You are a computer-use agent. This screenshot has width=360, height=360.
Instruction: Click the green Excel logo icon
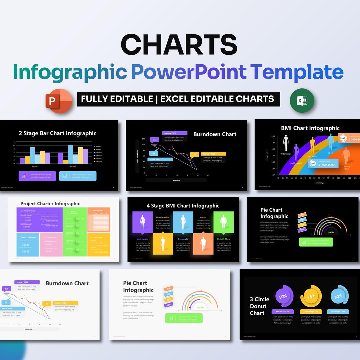pyautogui.click(x=302, y=100)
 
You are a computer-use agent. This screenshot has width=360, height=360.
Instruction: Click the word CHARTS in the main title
pyautogui.click(x=179, y=45)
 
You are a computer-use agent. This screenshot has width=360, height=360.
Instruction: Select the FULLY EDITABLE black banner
pyautogui.click(x=179, y=99)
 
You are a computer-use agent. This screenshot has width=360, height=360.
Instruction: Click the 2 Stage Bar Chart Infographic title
pyautogui.click(x=58, y=133)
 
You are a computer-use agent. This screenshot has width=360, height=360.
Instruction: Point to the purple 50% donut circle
pyautogui.click(x=283, y=296)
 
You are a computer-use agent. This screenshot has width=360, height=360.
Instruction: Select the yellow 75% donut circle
pyautogui.click(x=311, y=296)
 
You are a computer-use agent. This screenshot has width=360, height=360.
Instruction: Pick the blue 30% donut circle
pyautogui.click(x=338, y=296)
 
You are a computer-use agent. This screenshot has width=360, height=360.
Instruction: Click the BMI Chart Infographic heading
pyautogui.click(x=310, y=128)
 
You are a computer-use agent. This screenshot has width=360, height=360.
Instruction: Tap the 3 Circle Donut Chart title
pyautogui.click(x=258, y=306)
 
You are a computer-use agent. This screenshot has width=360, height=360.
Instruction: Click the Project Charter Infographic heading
pyautogui.click(x=50, y=204)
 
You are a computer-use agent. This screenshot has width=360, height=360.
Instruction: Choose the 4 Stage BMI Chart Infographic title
pyautogui.click(x=183, y=206)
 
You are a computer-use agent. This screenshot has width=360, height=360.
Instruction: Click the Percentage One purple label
pyautogui.click(x=283, y=311)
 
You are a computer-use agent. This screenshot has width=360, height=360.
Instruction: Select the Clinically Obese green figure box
pyautogui.click(x=223, y=222)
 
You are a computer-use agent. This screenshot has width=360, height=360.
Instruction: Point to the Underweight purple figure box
pyautogui.click(x=142, y=222)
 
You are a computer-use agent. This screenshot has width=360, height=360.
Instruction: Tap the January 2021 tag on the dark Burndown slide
pyautogui.click(x=175, y=133)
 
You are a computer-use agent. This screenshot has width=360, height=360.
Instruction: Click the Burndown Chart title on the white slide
pyautogui.click(x=67, y=283)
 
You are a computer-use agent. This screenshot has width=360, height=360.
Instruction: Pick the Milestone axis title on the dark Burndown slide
pyautogui.click(x=176, y=180)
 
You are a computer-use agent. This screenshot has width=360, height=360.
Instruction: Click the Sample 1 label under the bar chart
pyautogui.click(x=35, y=166)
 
